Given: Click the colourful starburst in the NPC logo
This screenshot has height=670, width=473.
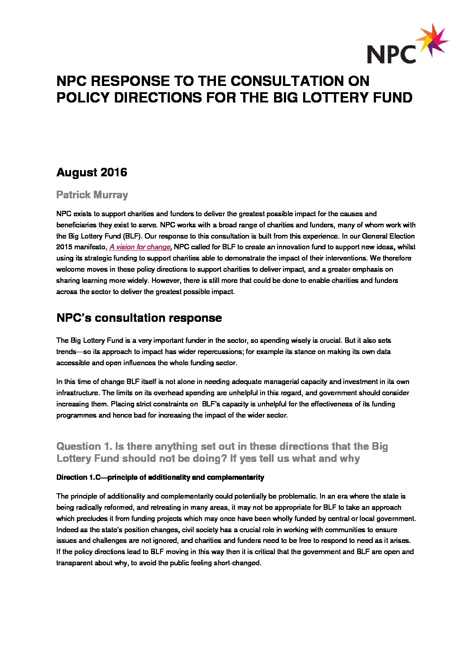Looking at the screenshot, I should pos(432,40).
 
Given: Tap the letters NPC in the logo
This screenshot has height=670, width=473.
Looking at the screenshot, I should pos(391,54).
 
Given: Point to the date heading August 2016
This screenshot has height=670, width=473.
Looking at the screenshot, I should pos(92,172).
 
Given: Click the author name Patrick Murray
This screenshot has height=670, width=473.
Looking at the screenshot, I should pos(92,195).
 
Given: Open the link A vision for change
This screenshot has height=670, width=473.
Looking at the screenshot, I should pos(139,247).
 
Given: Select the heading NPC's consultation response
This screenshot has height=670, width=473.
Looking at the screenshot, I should pos(139,318).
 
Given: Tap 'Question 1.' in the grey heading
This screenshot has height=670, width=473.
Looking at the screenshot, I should pos(84,446).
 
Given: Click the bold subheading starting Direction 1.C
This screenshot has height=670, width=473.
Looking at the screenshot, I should pos(160,478).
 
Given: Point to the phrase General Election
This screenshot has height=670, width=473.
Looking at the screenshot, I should pos(388,236).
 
